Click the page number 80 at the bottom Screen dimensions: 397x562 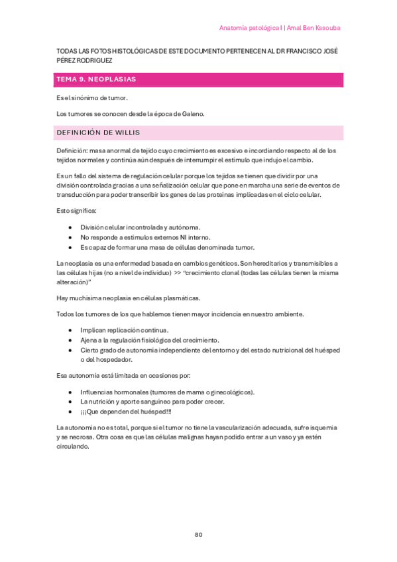[198, 535]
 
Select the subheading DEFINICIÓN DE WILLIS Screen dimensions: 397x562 [97, 132]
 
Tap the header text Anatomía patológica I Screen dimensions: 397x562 [249, 28]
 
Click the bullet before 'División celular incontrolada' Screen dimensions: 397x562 [70, 227]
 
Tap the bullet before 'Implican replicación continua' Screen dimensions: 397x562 [70, 330]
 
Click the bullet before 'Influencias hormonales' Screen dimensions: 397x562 [70, 392]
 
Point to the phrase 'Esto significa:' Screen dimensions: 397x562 [77, 211]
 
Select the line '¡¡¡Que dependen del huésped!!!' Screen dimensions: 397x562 [125, 412]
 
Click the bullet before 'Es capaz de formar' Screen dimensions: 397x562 [70, 247]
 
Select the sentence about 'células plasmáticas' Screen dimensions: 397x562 [127, 298]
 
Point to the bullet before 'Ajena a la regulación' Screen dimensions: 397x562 [70, 340]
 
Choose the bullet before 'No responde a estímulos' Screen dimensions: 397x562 [70, 237]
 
